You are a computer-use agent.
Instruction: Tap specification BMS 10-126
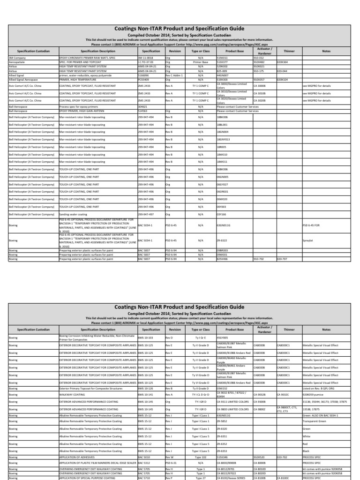[x=146, y=388]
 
